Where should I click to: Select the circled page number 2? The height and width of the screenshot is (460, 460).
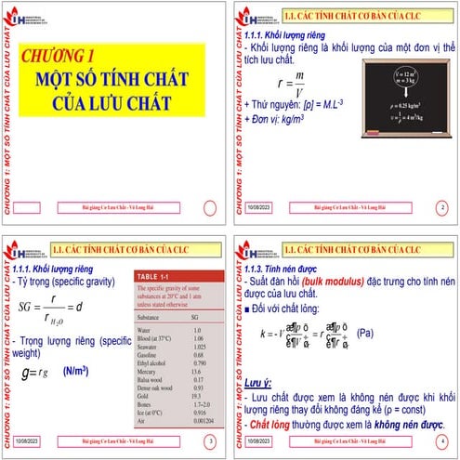coord(441,208)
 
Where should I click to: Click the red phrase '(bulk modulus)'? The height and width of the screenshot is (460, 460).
coord(344,280)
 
